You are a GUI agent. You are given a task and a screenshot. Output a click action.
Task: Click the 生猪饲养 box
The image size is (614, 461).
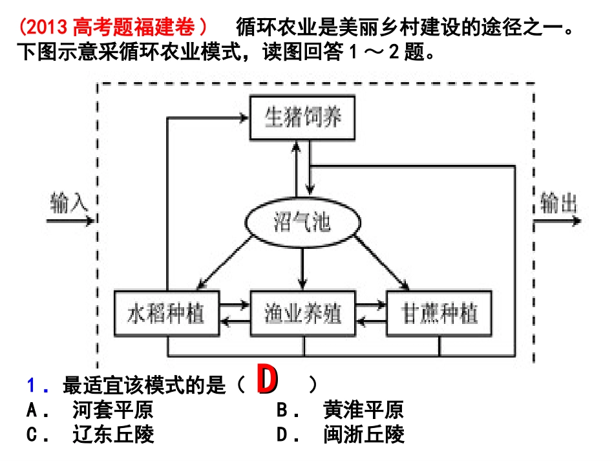[x=303, y=118]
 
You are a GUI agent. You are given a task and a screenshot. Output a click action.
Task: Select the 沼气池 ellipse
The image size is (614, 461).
[x=301, y=223]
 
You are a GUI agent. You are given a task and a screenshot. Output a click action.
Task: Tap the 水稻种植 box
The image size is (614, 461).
[x=166, y=313]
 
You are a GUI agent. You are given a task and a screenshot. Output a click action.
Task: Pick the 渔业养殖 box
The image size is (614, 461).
[x=302, y=313]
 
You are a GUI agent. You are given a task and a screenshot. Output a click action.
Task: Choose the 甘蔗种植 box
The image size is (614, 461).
[x=440, y=313]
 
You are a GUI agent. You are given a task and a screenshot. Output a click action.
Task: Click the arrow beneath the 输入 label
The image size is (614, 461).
[x=71, y=220]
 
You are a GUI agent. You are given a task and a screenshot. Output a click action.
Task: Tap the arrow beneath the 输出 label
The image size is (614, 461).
[x=557, y=220]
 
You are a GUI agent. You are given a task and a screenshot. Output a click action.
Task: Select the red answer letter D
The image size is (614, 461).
[x=267, y=381]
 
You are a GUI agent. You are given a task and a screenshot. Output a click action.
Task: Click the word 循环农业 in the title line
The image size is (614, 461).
[x=271, y=28]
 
